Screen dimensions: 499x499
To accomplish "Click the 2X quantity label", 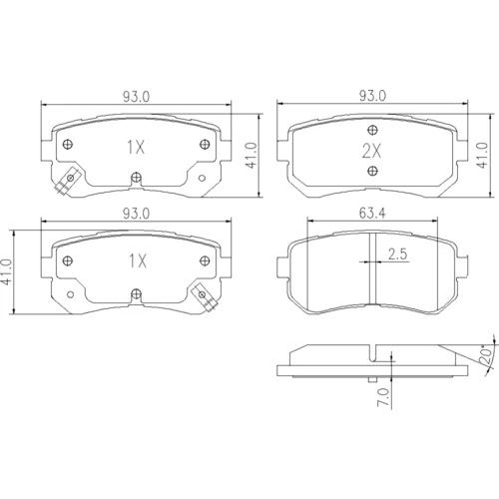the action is (x=371, y=152).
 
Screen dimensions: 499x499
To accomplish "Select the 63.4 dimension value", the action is (x=372, y=213).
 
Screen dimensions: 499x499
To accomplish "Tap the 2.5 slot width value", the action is (x=397, y=254).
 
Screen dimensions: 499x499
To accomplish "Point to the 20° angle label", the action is (x=486, y=356).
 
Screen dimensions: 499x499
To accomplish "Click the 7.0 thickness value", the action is (x=383, y=397).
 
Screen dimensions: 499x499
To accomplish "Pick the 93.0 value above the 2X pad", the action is (x=372, y=96).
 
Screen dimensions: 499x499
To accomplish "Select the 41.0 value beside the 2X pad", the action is (x=482, y=156).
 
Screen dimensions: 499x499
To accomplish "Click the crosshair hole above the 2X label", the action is (x=372, y=130).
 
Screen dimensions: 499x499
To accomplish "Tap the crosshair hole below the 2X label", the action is (x=372, y=171).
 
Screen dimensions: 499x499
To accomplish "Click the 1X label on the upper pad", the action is (x=136, y=147).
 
